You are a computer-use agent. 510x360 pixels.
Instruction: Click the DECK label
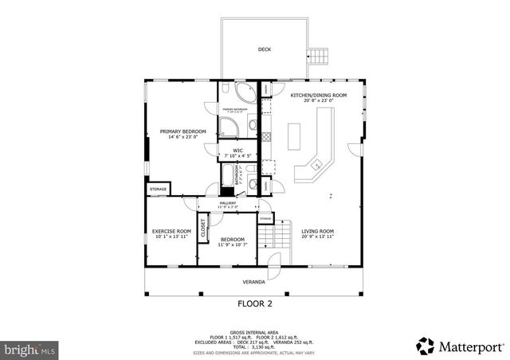coord(264,49)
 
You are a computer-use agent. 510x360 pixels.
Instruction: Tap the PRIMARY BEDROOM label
coord(182,131)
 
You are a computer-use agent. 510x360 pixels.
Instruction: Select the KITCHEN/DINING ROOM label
coord(312,96)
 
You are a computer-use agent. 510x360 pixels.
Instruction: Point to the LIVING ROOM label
coord(317,232)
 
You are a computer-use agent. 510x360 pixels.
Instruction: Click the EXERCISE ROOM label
coord(171,232)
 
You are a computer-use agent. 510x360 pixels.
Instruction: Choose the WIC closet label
coord(237,150)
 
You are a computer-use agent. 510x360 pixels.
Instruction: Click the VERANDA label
coord(253,282)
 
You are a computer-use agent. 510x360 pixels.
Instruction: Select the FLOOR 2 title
coord(255,303)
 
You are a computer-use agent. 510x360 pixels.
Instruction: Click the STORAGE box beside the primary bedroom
coord(158,189)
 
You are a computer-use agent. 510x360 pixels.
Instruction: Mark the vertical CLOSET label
coord(202,228)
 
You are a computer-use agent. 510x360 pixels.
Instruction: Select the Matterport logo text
coord(470,346)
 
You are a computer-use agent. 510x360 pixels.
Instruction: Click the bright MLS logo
coord(29,349)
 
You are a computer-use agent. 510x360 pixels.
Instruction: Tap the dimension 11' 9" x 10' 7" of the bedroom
coord(232,245)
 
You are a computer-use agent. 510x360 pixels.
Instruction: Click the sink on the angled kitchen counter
coord(317,164)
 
